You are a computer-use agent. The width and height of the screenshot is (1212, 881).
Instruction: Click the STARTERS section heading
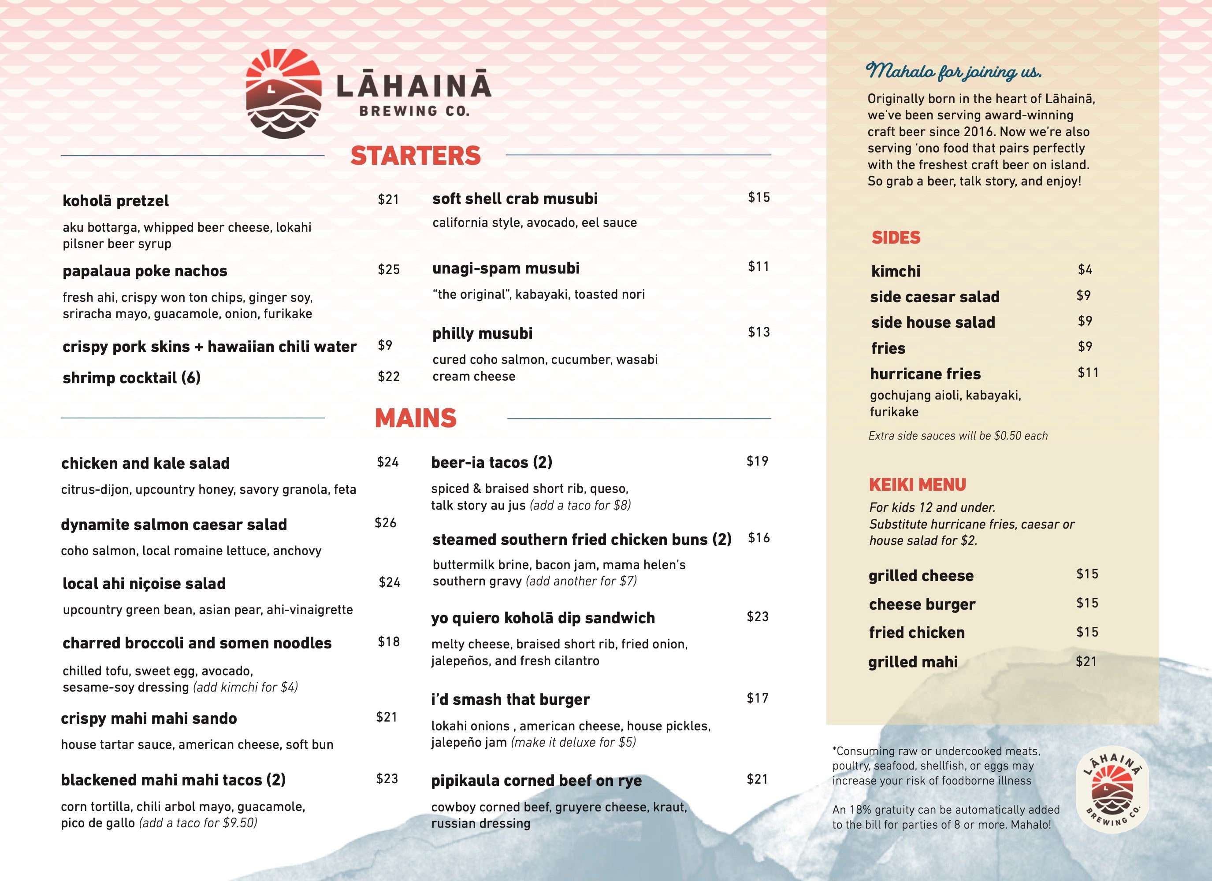pyautogui.click(x=415, y=155)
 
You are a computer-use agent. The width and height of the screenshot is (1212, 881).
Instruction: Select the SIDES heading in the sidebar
pyautogui.click(x=896, y=238)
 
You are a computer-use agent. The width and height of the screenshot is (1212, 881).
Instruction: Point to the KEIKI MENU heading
pyautogui.click(x=917, y=485)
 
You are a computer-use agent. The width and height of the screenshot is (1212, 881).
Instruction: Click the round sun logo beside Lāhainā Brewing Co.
pyautogui.click(x=283, y=94)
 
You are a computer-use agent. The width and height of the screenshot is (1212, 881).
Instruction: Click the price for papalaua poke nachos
pyautogui.click(x=389, y=269)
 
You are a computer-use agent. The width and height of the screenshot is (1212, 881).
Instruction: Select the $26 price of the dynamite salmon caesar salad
pyautogui.click(x=385, y=522)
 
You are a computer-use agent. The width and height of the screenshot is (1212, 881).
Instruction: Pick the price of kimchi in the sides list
pyautogui.click(x=1085, y=269)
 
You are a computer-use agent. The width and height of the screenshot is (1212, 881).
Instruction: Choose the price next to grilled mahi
pyautogui.click(x=1086, y=662)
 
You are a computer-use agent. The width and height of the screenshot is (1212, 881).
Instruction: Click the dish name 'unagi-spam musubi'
pyautogui.click(x=506, y=268)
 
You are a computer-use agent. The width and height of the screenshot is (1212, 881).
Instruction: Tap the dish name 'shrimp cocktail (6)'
pyautogui.click(x=131, y=378)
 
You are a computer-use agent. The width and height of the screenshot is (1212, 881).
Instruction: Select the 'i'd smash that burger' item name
pyautogui.click(x=510, y=700)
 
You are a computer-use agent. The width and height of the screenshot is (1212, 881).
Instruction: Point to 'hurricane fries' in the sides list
pyautogui.click(x=925, y=374)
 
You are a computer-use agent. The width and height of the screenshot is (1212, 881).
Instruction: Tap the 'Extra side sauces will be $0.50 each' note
pyautogui.click(x=958, y=435)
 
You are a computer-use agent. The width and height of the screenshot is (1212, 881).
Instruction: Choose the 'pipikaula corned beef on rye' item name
pyautogui.click(x=536, y=781)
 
